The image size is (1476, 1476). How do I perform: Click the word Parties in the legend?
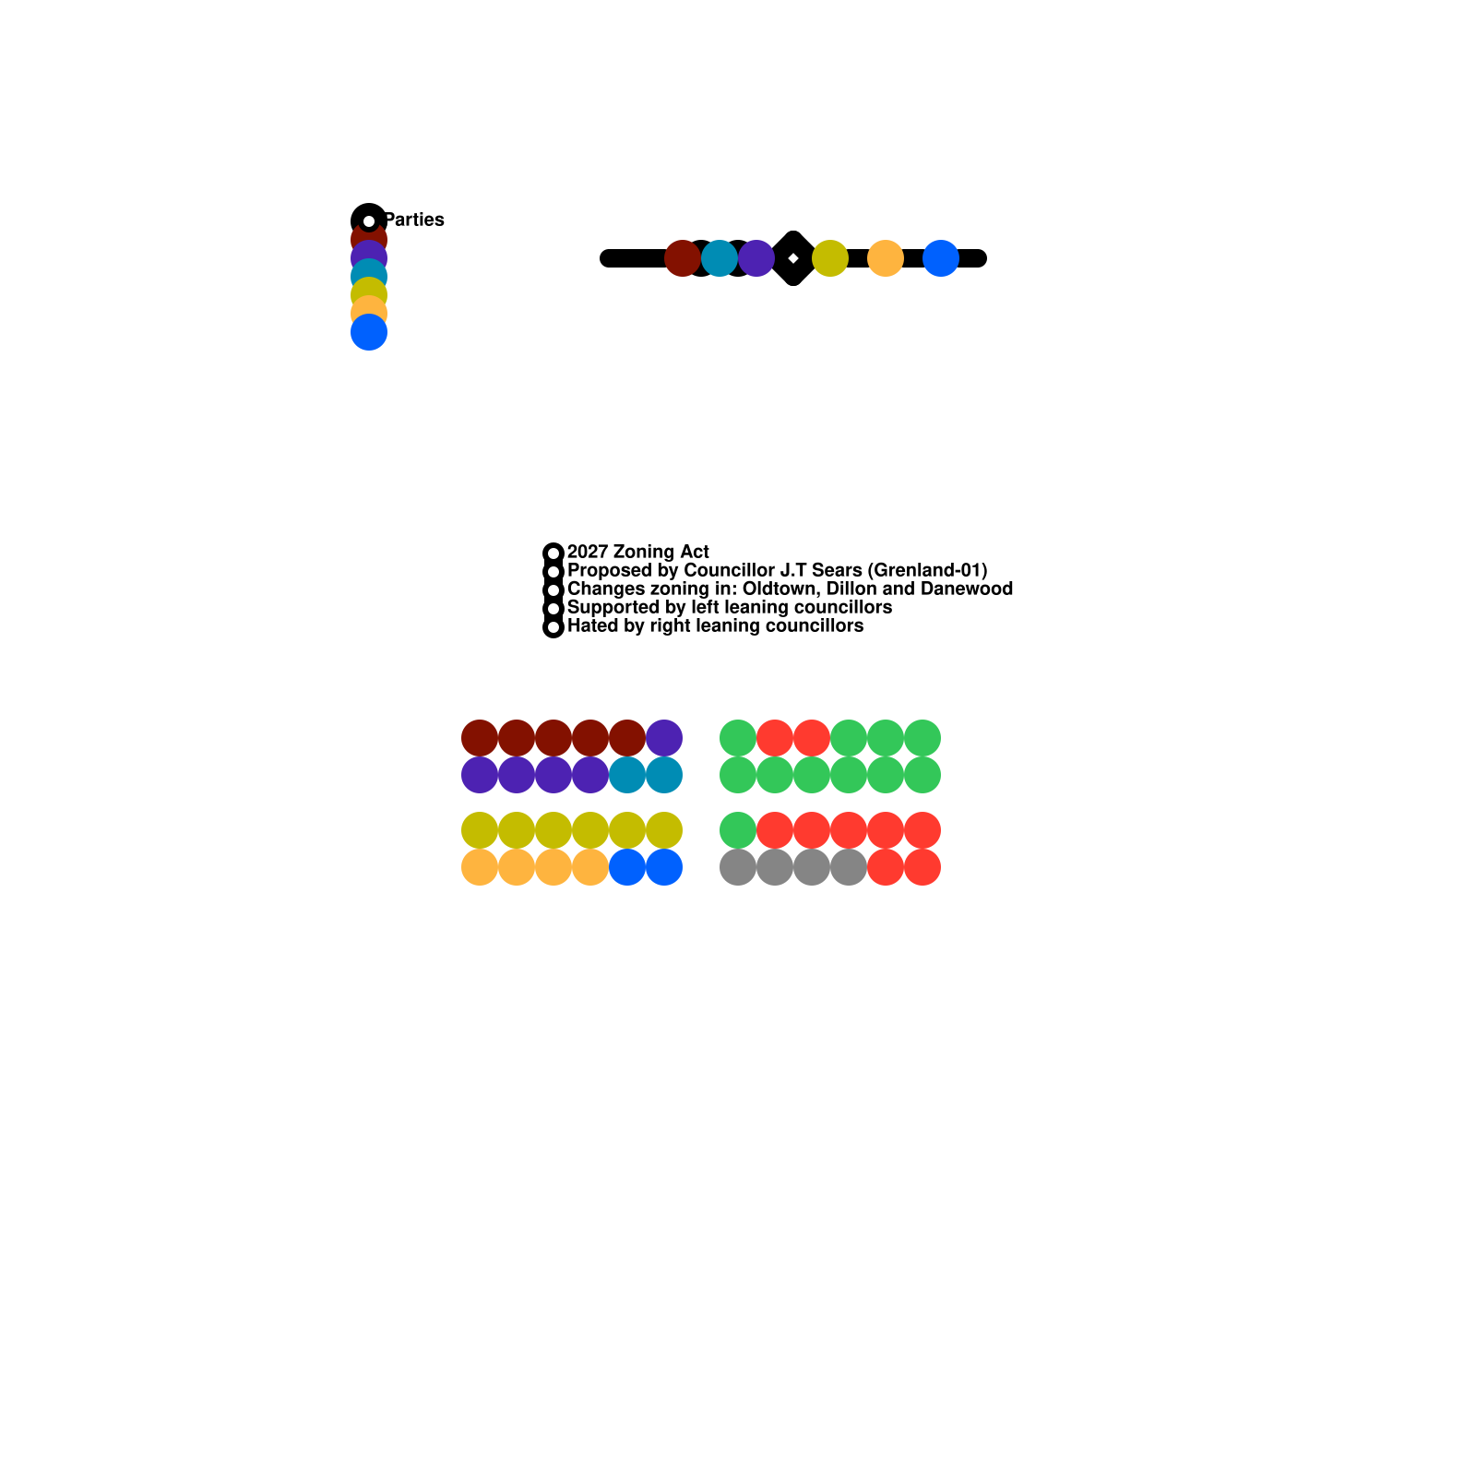(414, 220)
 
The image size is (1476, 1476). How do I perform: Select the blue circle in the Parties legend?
(369, 332)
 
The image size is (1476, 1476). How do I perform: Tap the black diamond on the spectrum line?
(793, 258)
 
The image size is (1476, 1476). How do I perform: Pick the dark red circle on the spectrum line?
(683, 258)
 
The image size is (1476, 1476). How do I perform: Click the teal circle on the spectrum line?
(720, 258)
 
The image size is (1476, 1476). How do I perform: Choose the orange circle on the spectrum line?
(886, 258)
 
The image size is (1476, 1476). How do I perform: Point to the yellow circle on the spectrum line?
(830, 258)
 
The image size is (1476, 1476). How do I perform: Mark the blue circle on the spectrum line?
(941, 258)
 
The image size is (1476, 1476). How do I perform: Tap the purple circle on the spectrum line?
(756, 258)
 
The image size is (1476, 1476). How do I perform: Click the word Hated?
(592, 625)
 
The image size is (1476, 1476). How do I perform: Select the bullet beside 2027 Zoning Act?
(553, 553)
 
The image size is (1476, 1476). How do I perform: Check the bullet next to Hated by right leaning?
(553, 626)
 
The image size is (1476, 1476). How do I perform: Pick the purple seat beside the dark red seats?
(664, 738)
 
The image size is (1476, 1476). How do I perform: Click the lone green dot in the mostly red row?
(738, 830)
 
